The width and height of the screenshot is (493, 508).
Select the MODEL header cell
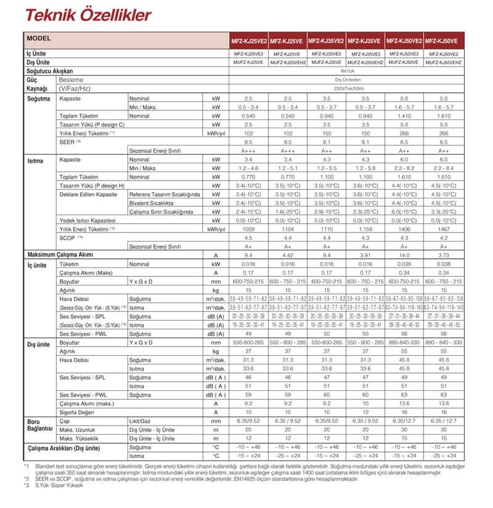(39, 38)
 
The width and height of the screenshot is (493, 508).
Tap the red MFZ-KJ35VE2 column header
(327, 41)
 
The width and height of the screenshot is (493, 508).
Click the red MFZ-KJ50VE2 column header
(404, 41)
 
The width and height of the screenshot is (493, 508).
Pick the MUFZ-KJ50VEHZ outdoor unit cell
(443, 62)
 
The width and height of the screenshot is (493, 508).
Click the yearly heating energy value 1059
(249, 229)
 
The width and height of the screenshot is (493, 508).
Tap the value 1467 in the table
(443, 229)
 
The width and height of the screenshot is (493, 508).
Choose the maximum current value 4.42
(288, 255)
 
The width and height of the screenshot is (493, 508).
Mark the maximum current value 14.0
(404, 255)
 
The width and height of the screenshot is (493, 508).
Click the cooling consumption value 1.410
(404, 116)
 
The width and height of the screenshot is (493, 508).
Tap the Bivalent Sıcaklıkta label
(151, 203)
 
